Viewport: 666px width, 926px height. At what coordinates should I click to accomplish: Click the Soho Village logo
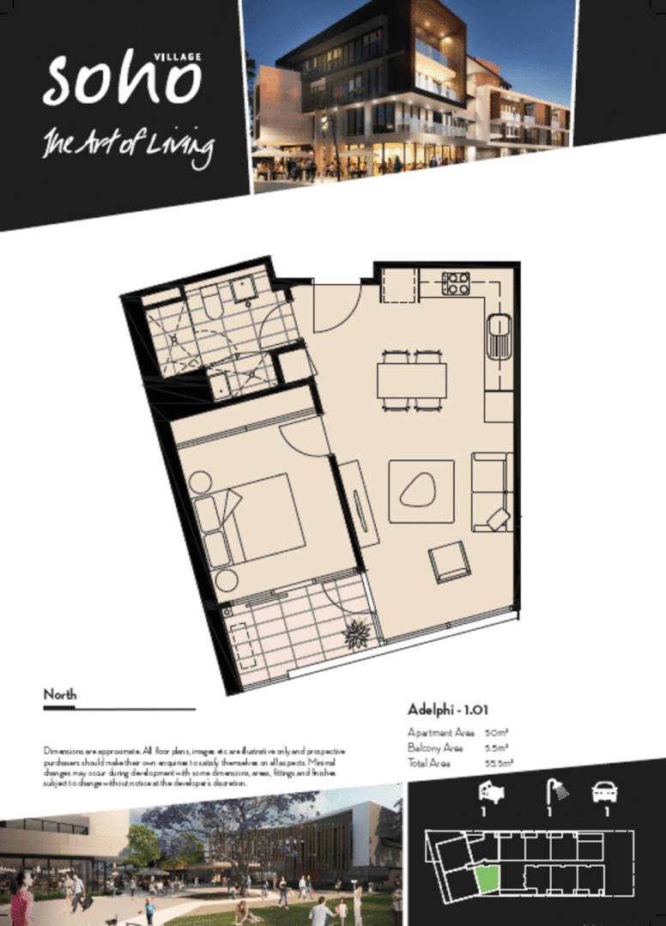(122, 79)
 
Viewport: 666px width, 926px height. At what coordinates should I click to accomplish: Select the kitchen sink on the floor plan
(499, 337)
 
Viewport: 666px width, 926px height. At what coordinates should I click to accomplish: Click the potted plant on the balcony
(356, 636)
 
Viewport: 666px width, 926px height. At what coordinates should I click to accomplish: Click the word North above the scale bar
(60, 694)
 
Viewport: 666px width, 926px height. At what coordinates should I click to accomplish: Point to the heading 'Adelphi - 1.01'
(448, 710)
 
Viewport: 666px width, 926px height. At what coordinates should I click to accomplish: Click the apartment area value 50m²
(496, 733)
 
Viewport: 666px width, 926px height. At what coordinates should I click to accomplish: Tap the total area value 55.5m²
(499, 762)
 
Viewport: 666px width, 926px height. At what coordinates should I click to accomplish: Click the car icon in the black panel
(604, 791)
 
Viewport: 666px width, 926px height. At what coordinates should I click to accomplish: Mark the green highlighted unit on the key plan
(487, 879)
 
